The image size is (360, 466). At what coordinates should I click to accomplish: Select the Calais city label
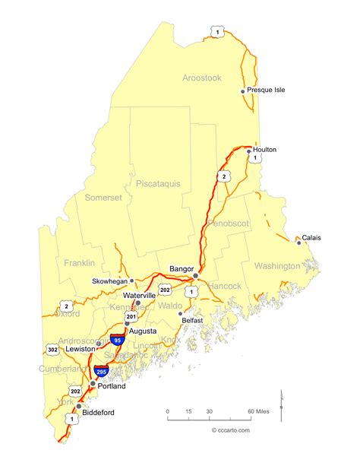click(311, 238)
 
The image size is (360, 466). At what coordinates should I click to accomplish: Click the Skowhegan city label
click(110, 281)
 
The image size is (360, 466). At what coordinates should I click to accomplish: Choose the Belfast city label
click(193, 322)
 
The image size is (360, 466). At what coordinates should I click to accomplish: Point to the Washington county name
click(277, 266)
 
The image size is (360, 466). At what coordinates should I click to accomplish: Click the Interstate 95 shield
click(117, 339)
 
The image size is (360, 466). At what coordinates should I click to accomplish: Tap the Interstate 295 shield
click(101, 371)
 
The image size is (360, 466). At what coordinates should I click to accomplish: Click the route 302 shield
click(52, 350)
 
